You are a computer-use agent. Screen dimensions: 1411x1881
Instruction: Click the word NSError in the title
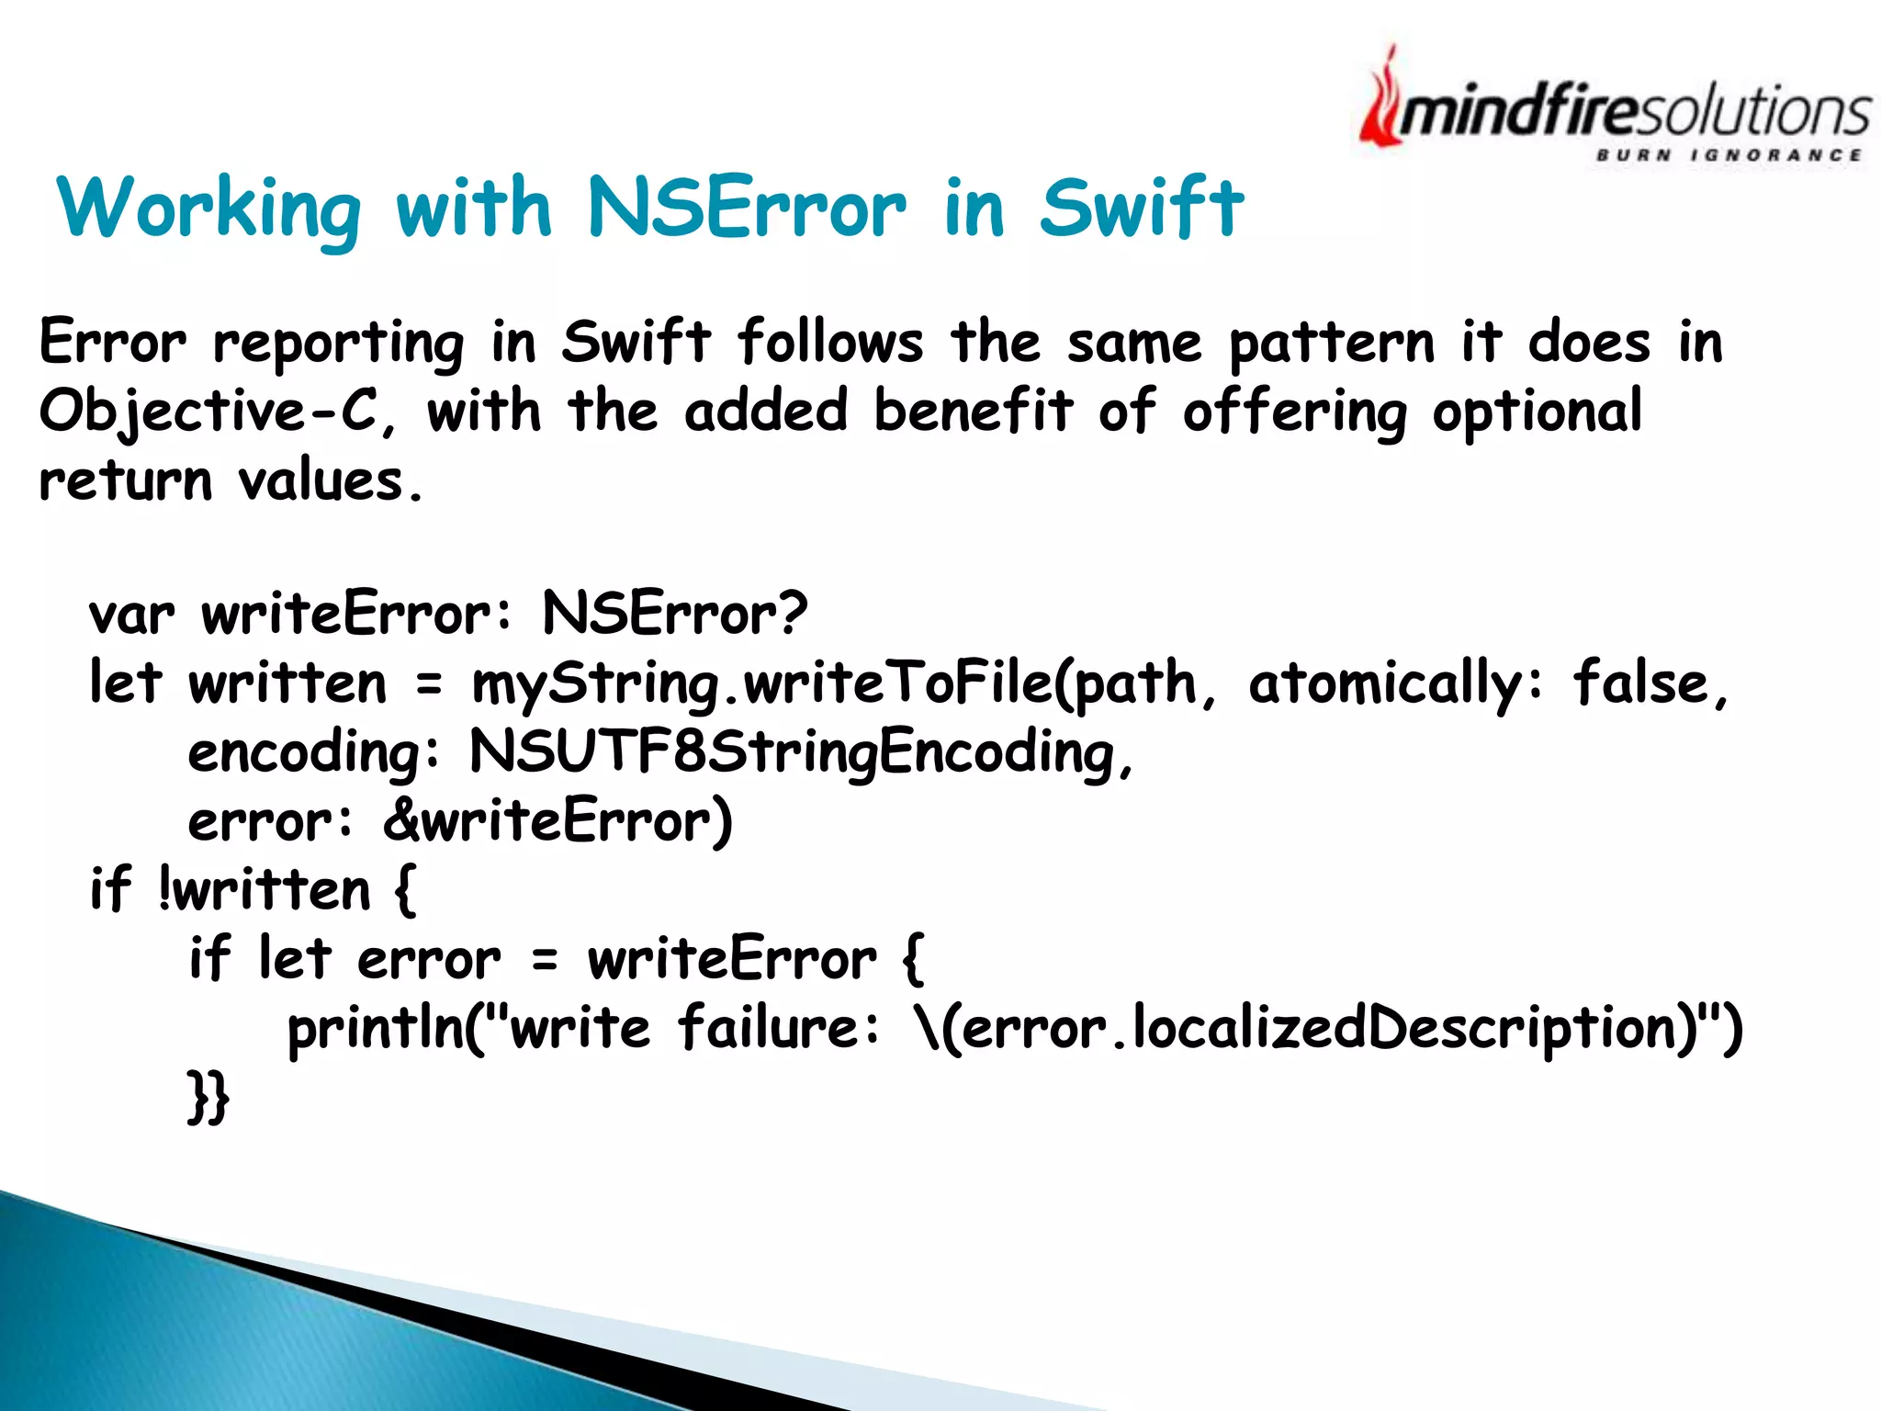(746, 208)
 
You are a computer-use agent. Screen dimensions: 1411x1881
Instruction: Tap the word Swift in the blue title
(1142, 208)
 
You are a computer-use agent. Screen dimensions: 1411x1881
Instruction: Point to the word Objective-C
(208, 411)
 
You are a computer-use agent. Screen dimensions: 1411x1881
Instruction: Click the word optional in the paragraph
(1537, 411)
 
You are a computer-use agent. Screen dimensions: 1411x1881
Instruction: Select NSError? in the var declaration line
(675, 614)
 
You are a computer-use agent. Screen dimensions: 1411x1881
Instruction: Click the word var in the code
(130, 614)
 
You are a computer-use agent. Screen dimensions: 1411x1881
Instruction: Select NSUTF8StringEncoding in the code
(790, 752)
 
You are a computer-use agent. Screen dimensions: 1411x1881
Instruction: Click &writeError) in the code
(558, 820)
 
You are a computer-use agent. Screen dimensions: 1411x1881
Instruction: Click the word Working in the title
(209, 208)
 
